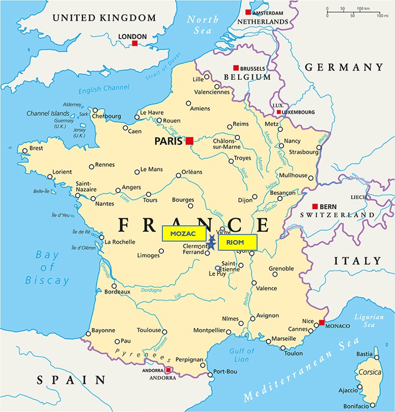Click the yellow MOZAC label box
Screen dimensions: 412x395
[x=184, y=233]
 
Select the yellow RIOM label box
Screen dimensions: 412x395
[x=237, y=242]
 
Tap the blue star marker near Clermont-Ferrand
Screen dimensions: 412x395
[x=211, y=243]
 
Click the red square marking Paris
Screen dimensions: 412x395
[x=189, y=140]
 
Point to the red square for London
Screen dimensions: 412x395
[x=135, y=44]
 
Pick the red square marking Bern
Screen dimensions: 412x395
[x=315, y=206]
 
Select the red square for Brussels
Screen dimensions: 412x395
[x=236, y=68]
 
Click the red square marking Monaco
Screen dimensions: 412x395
[x=322, y=322]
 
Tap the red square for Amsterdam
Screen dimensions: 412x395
[x=248, y=12]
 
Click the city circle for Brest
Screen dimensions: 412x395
[x=24, y=150]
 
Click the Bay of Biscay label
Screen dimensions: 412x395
[x=47, y=268]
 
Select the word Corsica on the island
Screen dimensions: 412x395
[x=370, y=372]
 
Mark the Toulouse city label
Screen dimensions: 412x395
[x=149, y=330]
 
